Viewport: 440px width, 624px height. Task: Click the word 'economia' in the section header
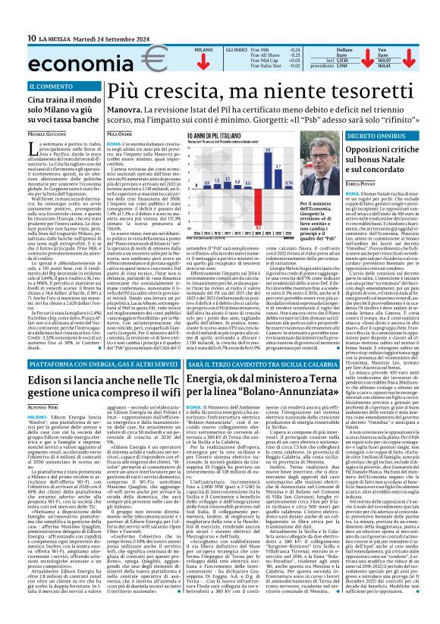click(48, 58)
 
